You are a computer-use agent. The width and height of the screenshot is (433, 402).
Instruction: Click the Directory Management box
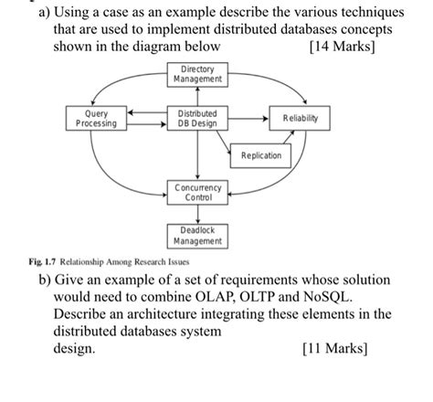click(196, 75)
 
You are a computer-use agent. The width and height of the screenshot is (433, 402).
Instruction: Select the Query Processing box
click(96, 119)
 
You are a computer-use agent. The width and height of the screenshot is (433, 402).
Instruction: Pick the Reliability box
click(301, 119)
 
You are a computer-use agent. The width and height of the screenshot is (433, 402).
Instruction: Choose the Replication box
click(261, 155)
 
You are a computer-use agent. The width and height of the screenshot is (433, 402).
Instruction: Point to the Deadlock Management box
click(196, 235)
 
